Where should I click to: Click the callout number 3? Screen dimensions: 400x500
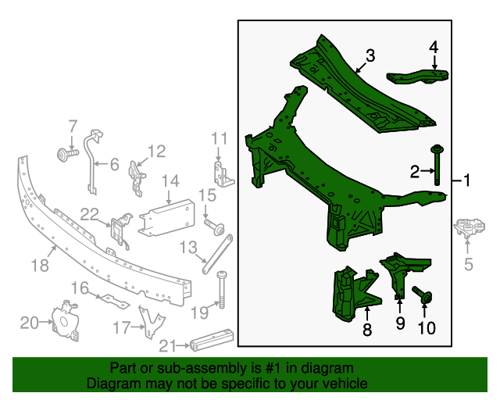pyautogui.click(x=370, y=55)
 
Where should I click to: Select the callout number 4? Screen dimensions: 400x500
pyautogui.click(x=434, y=47)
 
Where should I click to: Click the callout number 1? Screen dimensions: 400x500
pyautogui.click(x=466, y=182)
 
